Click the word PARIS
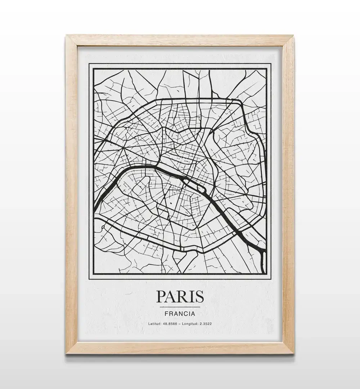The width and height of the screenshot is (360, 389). click(x=180, y=296)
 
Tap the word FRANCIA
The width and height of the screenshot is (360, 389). click(x=180, y=314)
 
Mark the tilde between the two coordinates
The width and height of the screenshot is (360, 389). click(x=181, y=323)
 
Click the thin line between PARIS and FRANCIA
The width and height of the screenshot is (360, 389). click(x=180, y=307)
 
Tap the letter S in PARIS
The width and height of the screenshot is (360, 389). click(x=199, y=296)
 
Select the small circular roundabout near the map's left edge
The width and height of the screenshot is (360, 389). click(x=103, y=228)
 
